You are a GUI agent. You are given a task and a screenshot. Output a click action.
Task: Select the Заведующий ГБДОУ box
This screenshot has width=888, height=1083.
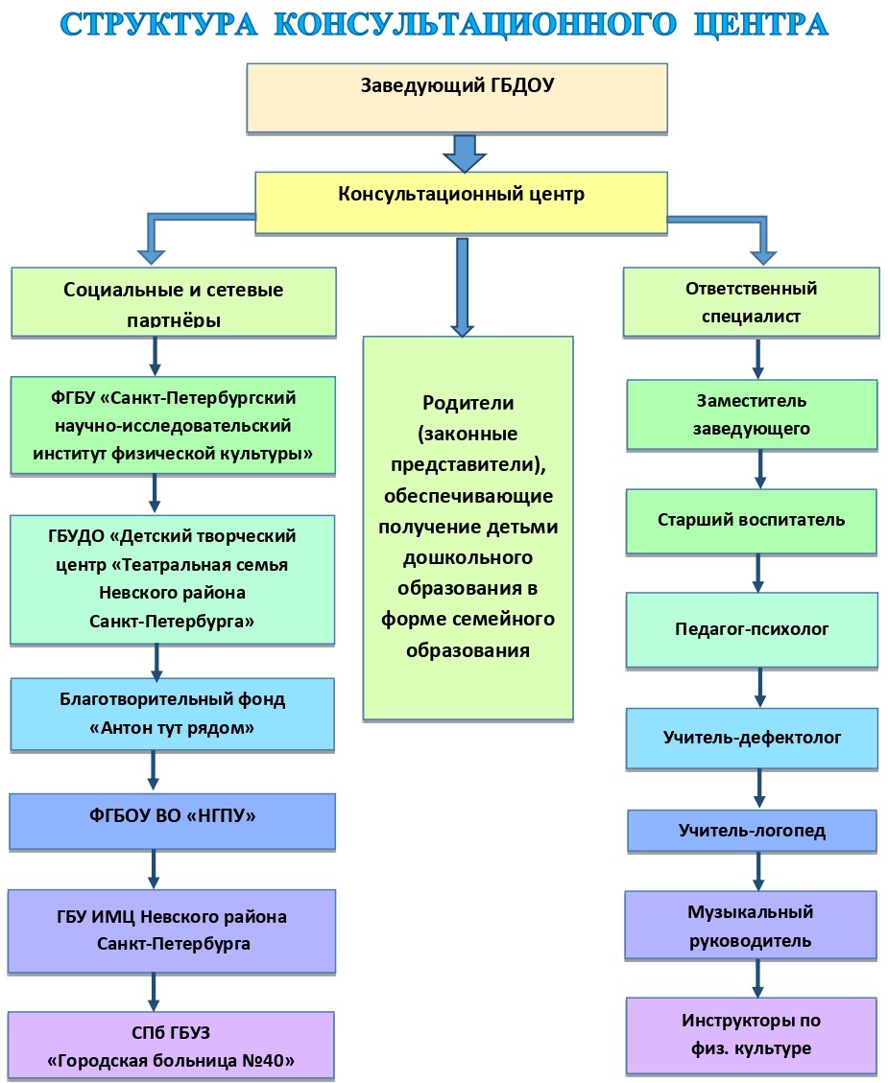(x=457, y=98)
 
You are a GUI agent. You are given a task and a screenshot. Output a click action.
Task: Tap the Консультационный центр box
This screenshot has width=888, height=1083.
(x=461, y=202)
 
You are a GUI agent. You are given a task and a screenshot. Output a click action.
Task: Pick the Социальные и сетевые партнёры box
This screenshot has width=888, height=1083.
(x=174, y=301)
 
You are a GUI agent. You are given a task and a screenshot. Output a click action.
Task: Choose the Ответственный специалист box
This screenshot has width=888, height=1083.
(x=751, y=301)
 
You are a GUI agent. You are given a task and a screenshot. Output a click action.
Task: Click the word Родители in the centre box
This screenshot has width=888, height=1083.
(x=468, y=403)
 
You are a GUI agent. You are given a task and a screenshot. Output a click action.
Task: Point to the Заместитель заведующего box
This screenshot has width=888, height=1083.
(x=752, y=414)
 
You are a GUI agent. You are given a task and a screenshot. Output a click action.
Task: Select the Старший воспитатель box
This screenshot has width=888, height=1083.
(x=752, y=521)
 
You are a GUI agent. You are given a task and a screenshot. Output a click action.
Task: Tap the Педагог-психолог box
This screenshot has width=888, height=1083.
(x=752, y=629)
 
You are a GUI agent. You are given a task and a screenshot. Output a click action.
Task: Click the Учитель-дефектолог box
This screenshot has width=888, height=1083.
(x=752, y=738)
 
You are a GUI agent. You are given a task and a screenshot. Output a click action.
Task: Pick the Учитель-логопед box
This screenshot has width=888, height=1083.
(x=752, y=831)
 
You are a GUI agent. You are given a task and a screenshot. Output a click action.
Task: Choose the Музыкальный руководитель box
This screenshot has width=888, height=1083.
(x=751, y=926)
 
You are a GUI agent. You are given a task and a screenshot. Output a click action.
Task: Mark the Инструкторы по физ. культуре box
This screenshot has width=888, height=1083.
(x=752, y=1035)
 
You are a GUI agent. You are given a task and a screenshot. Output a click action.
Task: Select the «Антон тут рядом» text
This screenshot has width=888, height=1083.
(x=172, y=728)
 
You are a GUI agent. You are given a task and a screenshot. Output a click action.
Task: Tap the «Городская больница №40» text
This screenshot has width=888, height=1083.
(x=172, y=1061)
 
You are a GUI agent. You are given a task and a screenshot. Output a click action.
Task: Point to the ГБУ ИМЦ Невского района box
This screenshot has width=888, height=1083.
(x=173, y=930)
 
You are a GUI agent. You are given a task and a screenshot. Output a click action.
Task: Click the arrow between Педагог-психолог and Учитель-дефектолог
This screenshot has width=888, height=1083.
(x=759, y=688)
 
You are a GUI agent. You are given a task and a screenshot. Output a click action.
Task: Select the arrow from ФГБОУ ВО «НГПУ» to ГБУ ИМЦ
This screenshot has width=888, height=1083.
(x=155, y=869)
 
